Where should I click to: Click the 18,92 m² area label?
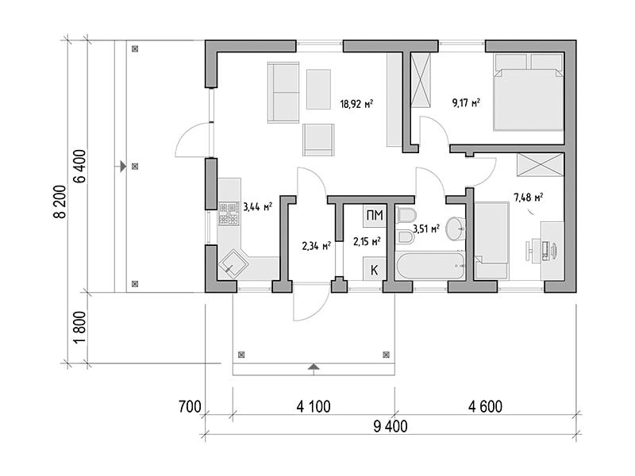point(356,104)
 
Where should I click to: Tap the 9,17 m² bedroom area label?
point(466,102)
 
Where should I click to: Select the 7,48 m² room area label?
point(528,198)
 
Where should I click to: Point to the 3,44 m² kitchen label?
point(257,207)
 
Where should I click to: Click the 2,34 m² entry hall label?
point(316,246)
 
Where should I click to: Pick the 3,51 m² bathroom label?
point(426,228)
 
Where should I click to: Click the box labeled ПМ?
point(374,215)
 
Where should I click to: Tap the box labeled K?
point(374,269)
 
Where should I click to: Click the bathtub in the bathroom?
point(430,266)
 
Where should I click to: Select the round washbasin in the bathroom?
point(456,229)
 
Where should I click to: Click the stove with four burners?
point(229,213)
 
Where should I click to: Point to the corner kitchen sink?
point(233,264)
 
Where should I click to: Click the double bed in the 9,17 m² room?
point(528,92)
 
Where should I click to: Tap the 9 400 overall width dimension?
point(391,426)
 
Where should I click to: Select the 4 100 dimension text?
point(314,406)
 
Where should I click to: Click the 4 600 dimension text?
point(485,406)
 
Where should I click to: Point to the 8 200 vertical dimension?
point(60,202)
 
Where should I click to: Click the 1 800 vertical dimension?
point(80,327)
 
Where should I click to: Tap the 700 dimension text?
point(190,406)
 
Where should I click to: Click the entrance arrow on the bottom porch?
point(313,367)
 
